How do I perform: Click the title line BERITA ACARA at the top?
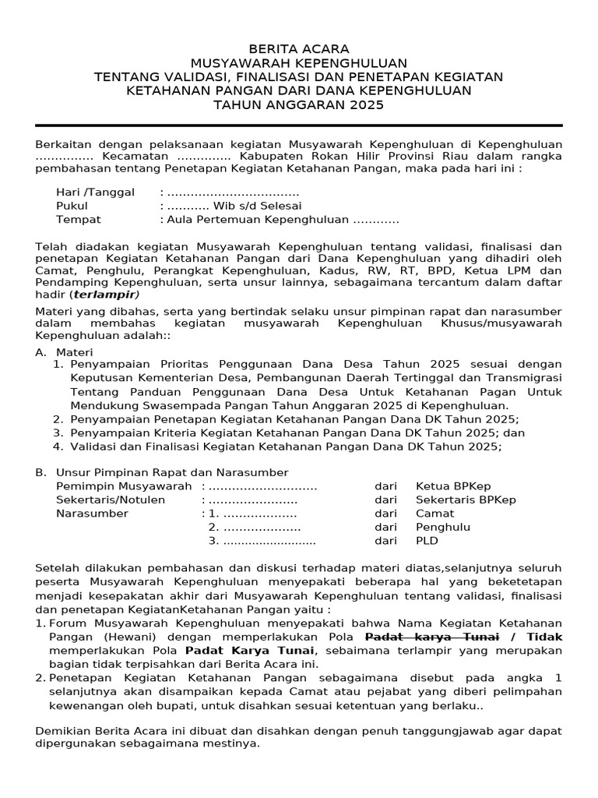[x=299, y=48]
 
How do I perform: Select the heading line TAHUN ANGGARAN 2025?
[x=299, y=105]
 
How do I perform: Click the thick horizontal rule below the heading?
[x=299, y=125]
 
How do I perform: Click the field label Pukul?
[x=72, y=206]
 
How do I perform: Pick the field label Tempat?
[x=79, y=220]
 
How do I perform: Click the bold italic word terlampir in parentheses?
[x=105, y=295]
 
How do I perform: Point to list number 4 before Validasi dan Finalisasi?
[x=58, y=447]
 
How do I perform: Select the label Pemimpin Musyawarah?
[x=124, y=486]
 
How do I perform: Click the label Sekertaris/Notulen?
[x=111, y=500]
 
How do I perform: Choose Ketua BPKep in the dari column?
[x=453, y=486]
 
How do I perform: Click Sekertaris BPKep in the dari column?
[x=466, y=500]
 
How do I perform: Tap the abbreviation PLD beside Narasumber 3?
[x=427, y=541]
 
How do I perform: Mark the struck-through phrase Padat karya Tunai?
[x=431, y=637]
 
